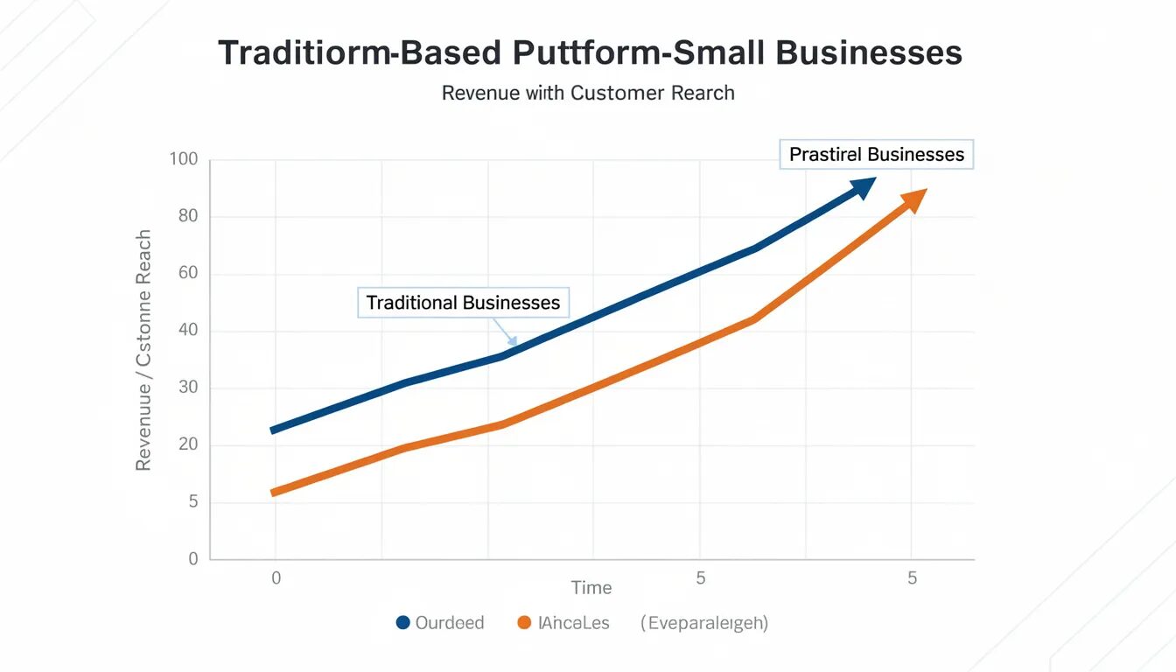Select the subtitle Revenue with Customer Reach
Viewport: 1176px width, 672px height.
coord(588,93)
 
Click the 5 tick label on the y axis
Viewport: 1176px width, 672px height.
coord(193,502)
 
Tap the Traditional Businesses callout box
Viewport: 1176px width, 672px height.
coord(463,303)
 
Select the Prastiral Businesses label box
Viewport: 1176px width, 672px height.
coord(876,155)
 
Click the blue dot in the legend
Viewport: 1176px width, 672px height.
coord(402,623)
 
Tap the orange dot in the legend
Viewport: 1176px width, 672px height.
coord(525,623)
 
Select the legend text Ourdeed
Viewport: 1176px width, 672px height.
coord(450,623)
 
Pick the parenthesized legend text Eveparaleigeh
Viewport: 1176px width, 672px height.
coord(704,623)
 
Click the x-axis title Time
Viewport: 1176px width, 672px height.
coord(591,588)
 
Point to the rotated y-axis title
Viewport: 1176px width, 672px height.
coord(144,350)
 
